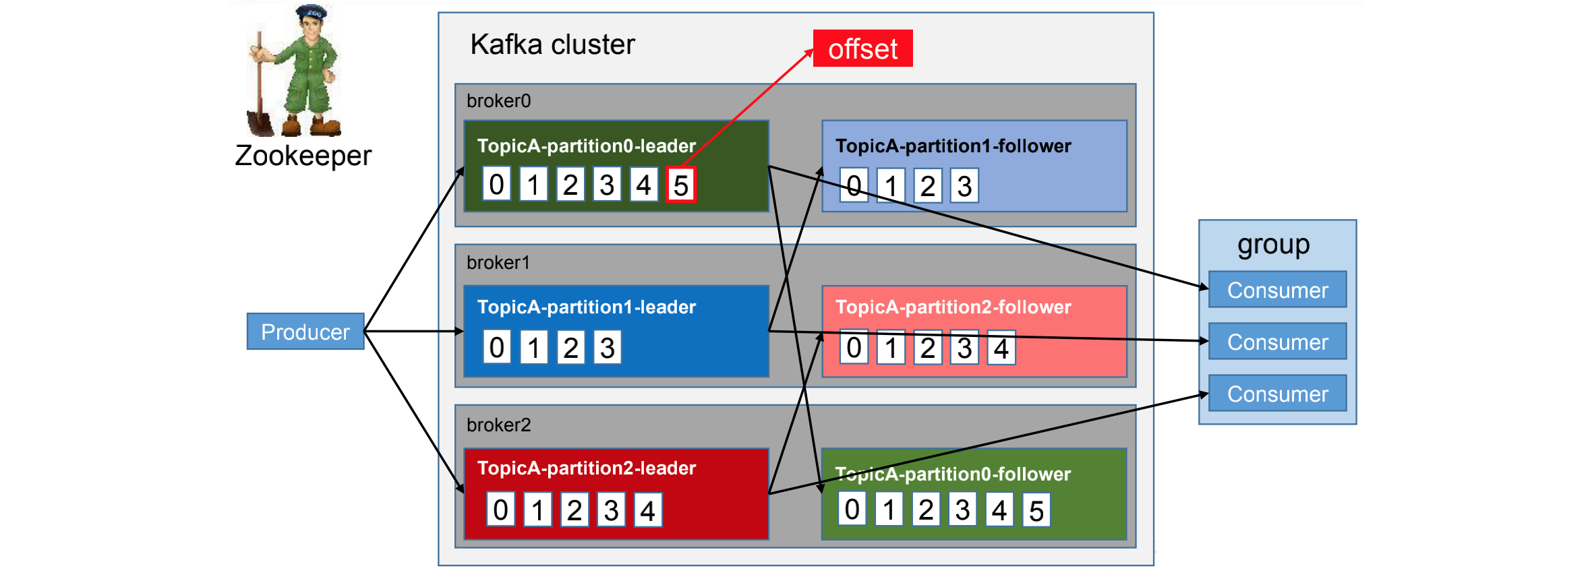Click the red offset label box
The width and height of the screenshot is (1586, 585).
(x=862, y=49)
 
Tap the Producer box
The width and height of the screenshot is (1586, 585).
(x=305, y=332)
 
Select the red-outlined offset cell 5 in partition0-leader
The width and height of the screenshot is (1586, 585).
(x=680, y=185)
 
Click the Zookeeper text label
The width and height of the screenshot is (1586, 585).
(x=303, y=156)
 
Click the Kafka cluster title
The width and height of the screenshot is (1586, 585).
(x=552, y=44)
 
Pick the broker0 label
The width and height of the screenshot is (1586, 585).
(x=498, y=101)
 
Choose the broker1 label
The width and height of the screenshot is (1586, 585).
(x=498, y=263)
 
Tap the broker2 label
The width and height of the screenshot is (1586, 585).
(x=498, y=425)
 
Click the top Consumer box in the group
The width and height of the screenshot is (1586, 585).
(x=1277, y=290)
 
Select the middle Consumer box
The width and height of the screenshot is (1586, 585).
(x=1277, y=342)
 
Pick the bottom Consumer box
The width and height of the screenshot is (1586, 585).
(x=1277, y=394)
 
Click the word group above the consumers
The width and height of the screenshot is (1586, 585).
(x=1273, y=245)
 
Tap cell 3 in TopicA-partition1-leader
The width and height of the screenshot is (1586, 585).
(x=607, y=348)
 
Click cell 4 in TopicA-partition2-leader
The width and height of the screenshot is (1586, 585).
(x=647, y=511)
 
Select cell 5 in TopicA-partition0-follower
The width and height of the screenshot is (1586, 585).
(x=1036, y=511)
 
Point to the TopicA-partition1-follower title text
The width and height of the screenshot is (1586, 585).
(x=953, y=146)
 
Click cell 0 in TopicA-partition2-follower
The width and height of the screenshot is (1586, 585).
(x=854, y=348)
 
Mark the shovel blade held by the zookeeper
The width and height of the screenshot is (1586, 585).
(x=260, y=123)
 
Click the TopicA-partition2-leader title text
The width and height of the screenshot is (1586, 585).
(x=586, y=468)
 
